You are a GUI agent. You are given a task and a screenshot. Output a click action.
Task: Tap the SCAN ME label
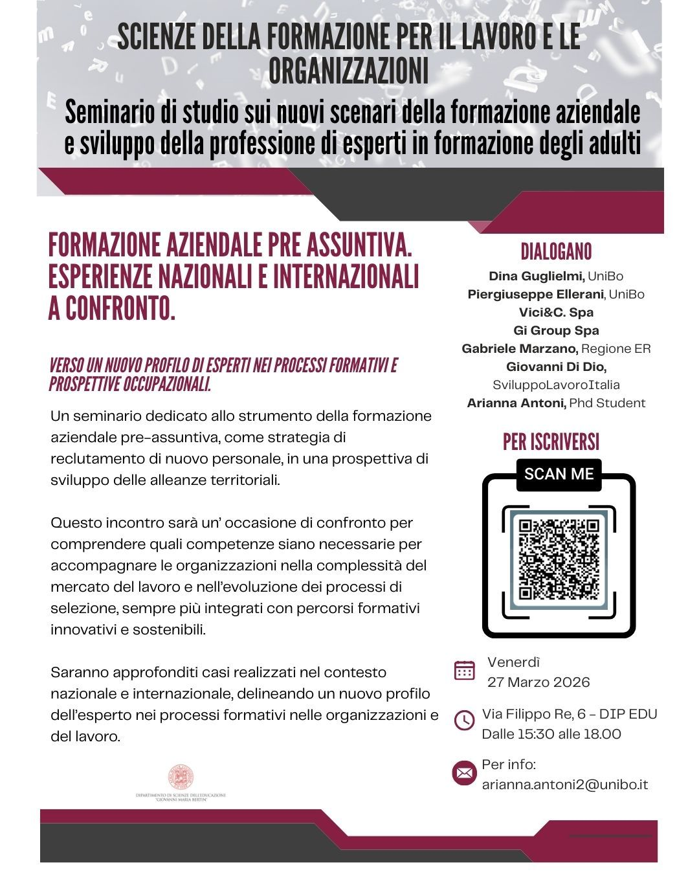coord(559,474)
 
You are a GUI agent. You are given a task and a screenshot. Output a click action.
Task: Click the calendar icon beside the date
coord(465,670)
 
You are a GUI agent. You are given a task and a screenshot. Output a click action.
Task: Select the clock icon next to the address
coord(465,720)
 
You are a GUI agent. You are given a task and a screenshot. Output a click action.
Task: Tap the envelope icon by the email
coord(464,772)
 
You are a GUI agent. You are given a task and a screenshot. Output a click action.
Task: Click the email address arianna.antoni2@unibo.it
coord(565,785)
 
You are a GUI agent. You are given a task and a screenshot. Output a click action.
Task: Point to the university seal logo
coord(181,777)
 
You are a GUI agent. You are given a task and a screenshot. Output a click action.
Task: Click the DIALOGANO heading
coord(556,252)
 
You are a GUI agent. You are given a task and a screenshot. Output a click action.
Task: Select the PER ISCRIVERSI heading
coord(551,442)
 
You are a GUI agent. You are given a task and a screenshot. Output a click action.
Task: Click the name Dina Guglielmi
coord(537,276)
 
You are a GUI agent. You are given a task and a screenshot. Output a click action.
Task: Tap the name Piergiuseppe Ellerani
coord(535,295)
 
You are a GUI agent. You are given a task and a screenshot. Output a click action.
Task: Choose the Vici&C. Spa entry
coord(556,313)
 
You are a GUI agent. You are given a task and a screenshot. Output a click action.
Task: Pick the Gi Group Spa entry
coord(556,331)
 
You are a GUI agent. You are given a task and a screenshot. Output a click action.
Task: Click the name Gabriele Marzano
coord(520,349)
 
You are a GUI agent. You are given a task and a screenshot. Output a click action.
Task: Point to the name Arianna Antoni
coord(516,403)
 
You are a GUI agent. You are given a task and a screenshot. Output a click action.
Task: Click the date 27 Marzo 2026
coord(538,682)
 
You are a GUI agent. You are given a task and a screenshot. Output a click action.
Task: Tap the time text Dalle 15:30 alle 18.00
coord(551,734)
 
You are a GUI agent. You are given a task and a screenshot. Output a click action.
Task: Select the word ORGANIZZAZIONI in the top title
coord(348,71)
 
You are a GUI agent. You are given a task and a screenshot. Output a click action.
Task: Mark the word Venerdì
coord(513,662)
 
